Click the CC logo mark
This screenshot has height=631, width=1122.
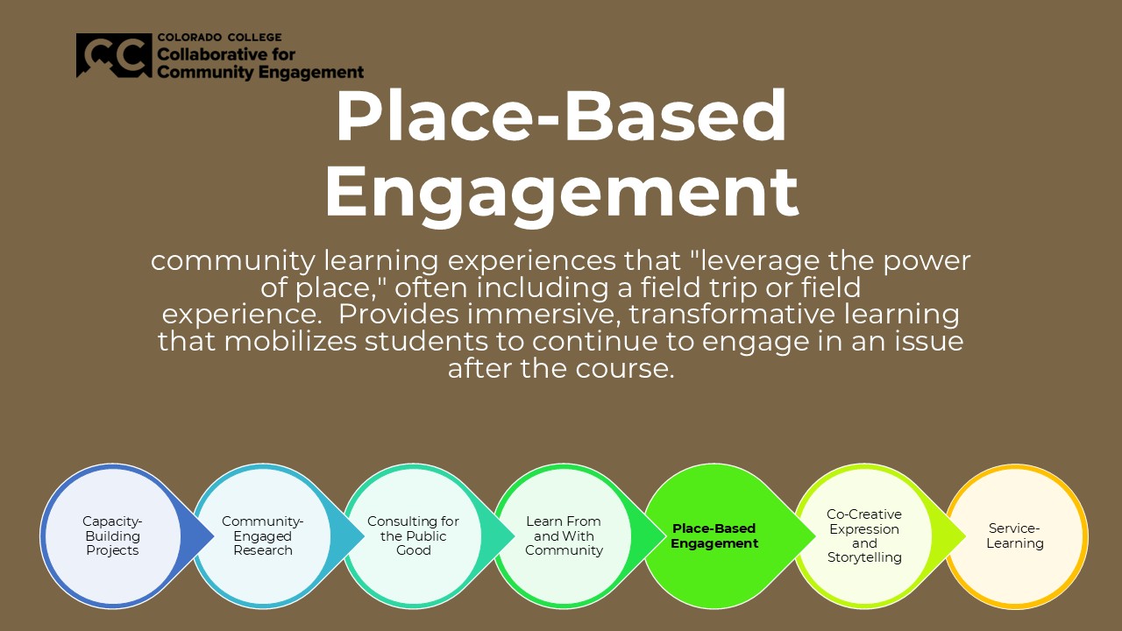tap(114, 55)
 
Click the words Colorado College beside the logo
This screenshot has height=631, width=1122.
tap(219, 38)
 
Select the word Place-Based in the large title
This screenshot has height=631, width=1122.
tap(561, 117)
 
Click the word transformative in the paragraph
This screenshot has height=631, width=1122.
tap(732, 315)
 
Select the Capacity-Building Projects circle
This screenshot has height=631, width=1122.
tap(112, 535)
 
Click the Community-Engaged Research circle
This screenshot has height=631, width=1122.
tap(262, 535)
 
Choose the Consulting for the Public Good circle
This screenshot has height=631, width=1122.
tap(413, 535)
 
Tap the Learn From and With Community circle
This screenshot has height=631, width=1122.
tap(564, 535)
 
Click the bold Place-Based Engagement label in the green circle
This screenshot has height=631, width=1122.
tap(714, 535)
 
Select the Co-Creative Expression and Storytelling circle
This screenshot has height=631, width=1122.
tap(864, 535)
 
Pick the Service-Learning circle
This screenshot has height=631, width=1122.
tap(1015, 535)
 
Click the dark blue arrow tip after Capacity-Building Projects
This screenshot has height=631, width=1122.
tap(213, 535)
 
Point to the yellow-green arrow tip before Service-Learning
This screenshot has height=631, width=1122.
tap(965, 535)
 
